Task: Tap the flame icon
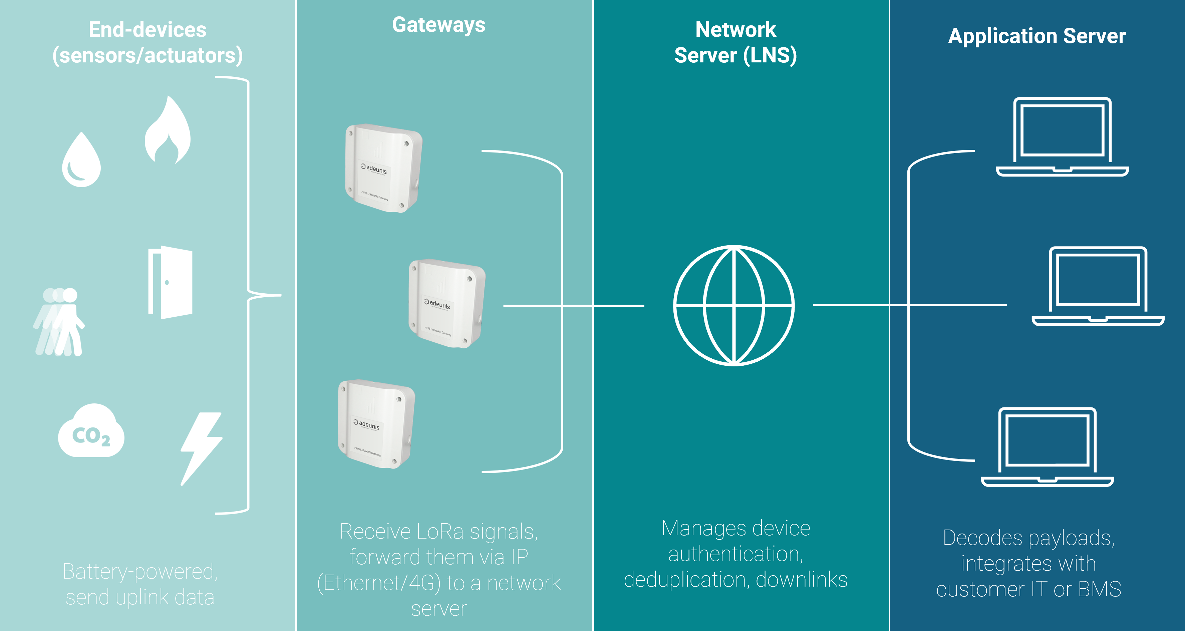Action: coord(168,131)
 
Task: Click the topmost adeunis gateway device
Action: coord(383,169)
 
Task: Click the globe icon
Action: coord(734,306)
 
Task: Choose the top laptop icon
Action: coord(1062,137)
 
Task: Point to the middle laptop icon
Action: coord(1098,286)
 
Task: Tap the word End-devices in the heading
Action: coord(147,30)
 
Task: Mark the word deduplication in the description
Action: coord(686,580)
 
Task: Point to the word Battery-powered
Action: coord(140,572)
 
